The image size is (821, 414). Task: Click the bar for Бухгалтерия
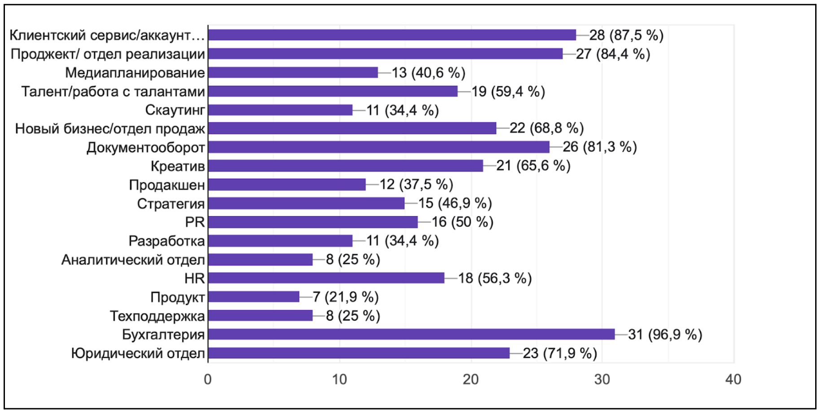tap(411, 334)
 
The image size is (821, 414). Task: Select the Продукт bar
tap(254, 297)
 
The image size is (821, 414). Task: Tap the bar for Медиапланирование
tap(293, 72)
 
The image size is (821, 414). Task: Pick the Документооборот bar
tap(379, 147)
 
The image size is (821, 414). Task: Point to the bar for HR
tap(326, 278)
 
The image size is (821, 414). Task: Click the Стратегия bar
tap(306, 203)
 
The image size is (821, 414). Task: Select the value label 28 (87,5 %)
tap(626, 35)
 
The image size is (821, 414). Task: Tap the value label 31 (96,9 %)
tap(665, 335)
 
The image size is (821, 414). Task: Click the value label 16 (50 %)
tap(462, 222)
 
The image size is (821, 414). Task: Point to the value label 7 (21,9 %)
tap(345, 297)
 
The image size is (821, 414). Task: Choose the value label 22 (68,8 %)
tap(546, 128)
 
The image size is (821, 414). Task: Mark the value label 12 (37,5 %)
tap(416, 185)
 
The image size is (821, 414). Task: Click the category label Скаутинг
tap(175, 110)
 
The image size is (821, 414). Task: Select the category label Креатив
tap(178, 166)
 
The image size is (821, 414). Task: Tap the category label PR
tap(195, 222)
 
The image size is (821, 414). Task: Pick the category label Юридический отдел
tap(138, 353)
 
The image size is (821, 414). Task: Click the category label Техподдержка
tap(157, 316)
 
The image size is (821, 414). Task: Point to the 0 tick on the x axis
tap(208, 380)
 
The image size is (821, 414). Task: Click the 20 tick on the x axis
tap(471, 380)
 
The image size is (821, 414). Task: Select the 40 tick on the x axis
tap(733, 380)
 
